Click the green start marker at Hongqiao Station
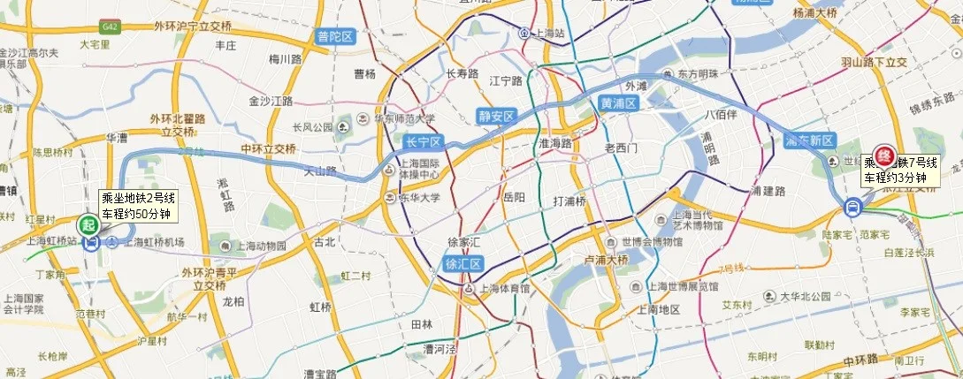pyautogui.click(x=88, y=224)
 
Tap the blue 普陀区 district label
pyautogui.click(x=334, y=36)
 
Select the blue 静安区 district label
pyautogui.click(x=496, y=115)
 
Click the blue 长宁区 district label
pyautogui.click(x=422, y=141)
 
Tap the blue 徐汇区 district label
pyautogui.click(x=459, y=262)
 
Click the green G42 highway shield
pyautogui.click(x=111, y=27)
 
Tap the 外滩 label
pyautogui.click(x=636, y=86)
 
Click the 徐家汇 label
pyautogui.click(x=463, y=241)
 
